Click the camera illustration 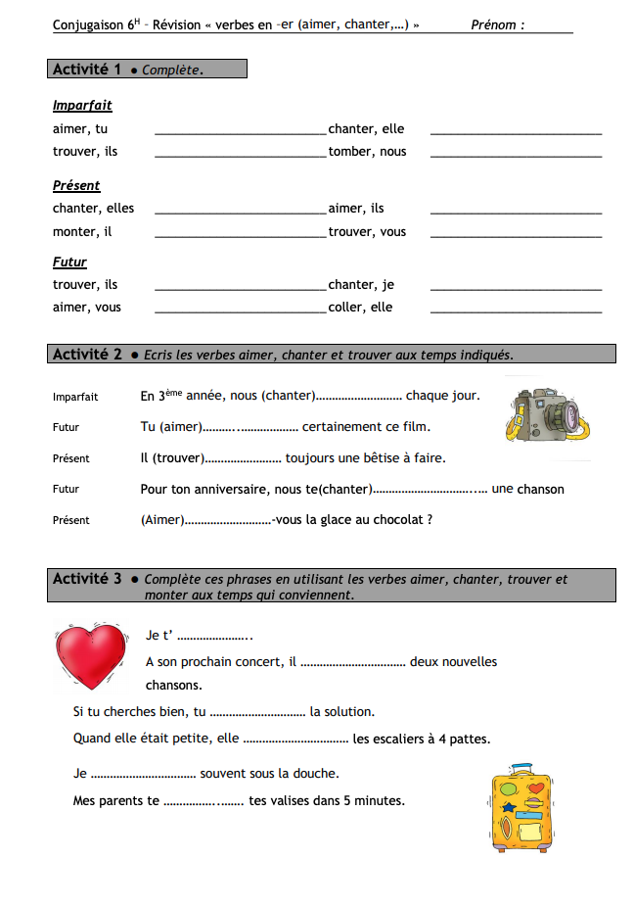pos(547,413)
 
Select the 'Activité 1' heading pos(87,70)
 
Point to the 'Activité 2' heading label pos(87,355)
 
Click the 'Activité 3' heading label pos(87,579)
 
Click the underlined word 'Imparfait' pos(82,105)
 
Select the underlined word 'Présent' pos(76,185)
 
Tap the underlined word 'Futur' pos(69,262)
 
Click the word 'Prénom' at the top pos(496,24)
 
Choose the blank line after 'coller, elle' pos(516,310)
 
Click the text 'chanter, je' pos(361,284)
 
